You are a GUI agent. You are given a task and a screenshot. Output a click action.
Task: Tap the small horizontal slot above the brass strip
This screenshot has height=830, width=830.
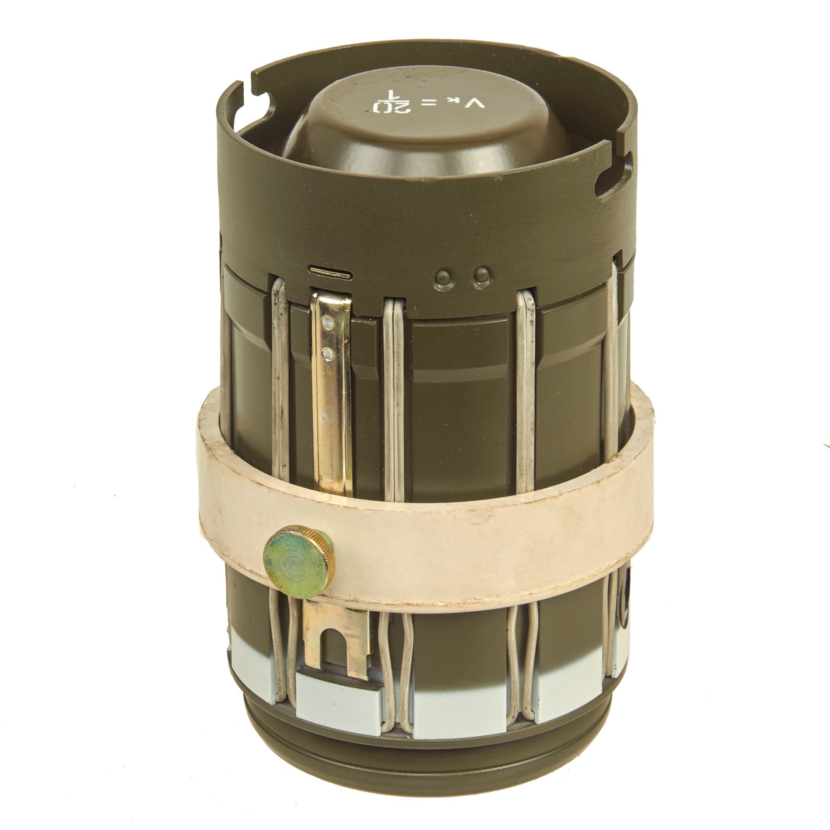click(330, 273)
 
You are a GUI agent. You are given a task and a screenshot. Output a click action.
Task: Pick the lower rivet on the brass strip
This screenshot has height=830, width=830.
click(328, 354)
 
